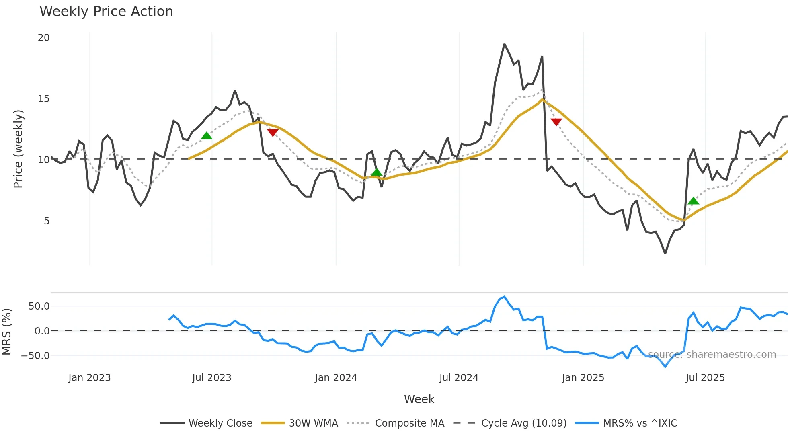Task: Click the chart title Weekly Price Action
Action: point(106,12)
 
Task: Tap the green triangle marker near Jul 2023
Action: point(206,136)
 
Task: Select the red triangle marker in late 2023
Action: point(273,133)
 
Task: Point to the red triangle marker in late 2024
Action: point(556,122)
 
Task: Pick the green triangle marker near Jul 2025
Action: point(694,201)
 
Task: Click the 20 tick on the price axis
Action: point(43,38)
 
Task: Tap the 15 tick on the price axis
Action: point(43,99)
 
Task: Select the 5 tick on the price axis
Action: point(47,221)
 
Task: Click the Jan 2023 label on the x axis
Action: point(89,378)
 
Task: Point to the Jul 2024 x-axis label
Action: point(459,378)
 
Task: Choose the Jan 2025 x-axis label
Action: point(583,378)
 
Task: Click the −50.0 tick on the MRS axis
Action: point(35,356)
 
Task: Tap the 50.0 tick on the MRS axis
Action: point(39,306)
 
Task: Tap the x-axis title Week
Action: point(419,399)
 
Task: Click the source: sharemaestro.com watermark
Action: point(712,355)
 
